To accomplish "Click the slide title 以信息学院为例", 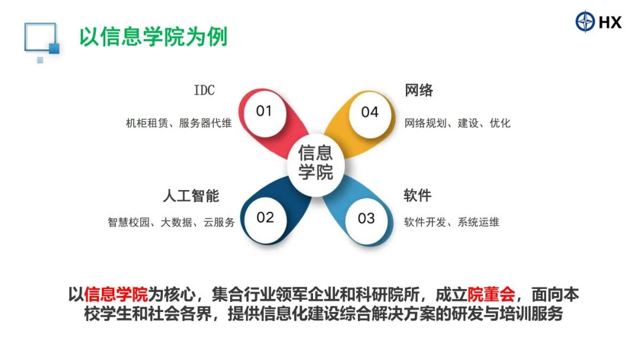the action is coord(153,37).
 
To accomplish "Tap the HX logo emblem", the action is coord(585,21).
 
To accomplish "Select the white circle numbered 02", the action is coord(265,218).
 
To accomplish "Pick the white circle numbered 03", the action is coord(366,218).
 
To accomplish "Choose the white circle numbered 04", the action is coord(370,112).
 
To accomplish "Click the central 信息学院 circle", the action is coord(316,163).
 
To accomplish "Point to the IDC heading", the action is coord(204,90).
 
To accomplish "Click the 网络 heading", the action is coord(418,90).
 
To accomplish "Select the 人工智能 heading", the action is coord(191,196).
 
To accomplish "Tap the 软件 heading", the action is coord(418,195).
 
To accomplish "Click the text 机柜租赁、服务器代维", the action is coord(179,123).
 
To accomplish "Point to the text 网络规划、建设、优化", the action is coord(457,123).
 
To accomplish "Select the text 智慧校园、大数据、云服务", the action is coord(172,222).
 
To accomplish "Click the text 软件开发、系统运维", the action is coord(451,222).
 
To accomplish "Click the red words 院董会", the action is coord(491,294).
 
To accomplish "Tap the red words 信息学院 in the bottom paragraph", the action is coord(116,294).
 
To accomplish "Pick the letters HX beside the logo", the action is coord(610,21).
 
